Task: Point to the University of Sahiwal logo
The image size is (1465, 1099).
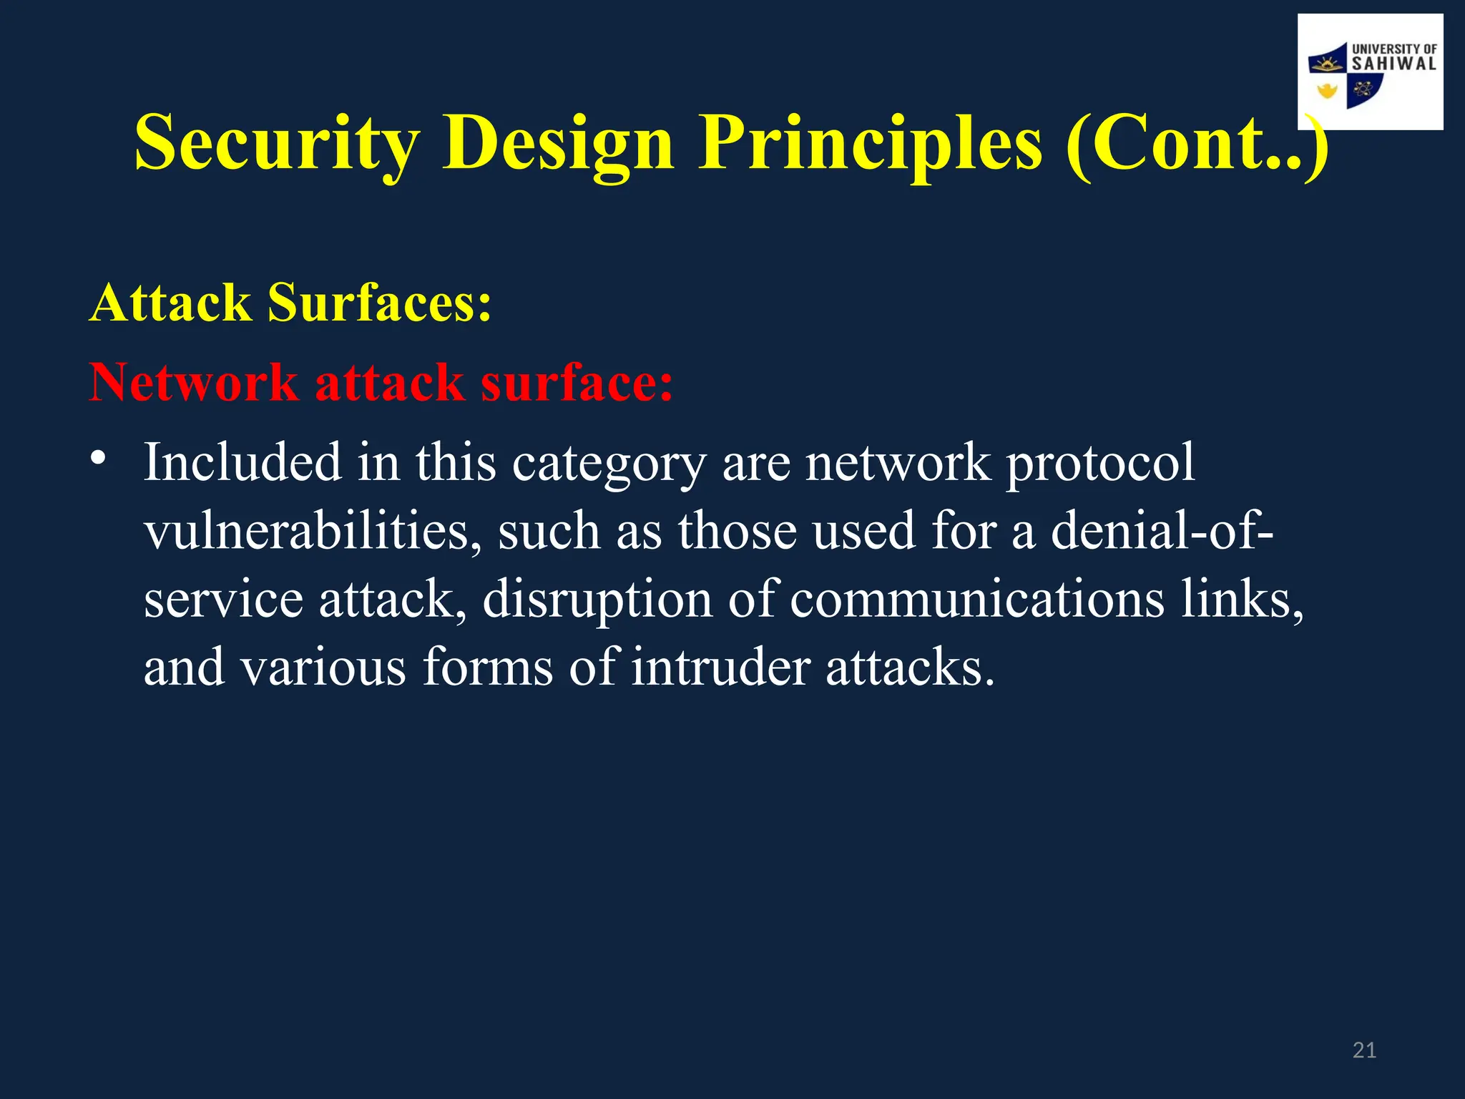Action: tap(1370, 72)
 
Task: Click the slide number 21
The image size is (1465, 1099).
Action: tap(1364, 1050)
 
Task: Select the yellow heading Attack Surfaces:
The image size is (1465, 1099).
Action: tap(290, 303)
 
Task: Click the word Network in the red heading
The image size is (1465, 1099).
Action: tap(193, 382)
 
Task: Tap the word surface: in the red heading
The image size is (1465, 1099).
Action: tap(577, 382)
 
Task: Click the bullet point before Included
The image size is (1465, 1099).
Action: tap(99, 458)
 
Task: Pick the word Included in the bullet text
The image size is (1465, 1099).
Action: tap(242, 462)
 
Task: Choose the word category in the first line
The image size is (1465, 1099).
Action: tap(609, 464)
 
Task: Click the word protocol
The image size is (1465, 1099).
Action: tap(1101, 464)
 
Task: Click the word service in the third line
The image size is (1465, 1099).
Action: tap(223, 599)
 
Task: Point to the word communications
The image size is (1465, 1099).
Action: tap(977, 599)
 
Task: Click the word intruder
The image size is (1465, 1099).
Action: tap(720, 667)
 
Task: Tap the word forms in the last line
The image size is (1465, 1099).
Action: tap(487, 667)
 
